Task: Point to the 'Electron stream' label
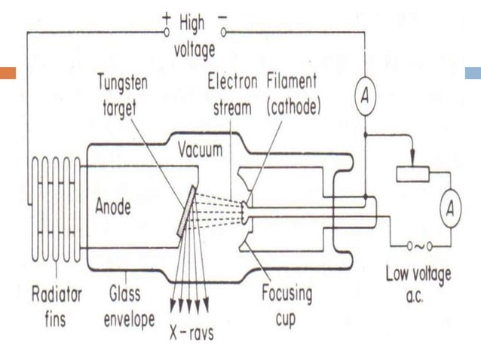point(232,93)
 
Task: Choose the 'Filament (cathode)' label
point(293,93)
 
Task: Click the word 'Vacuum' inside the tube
point(200,150)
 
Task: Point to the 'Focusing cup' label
point(286,304)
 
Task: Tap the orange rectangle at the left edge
point(8,74)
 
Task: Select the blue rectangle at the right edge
point(473,74)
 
